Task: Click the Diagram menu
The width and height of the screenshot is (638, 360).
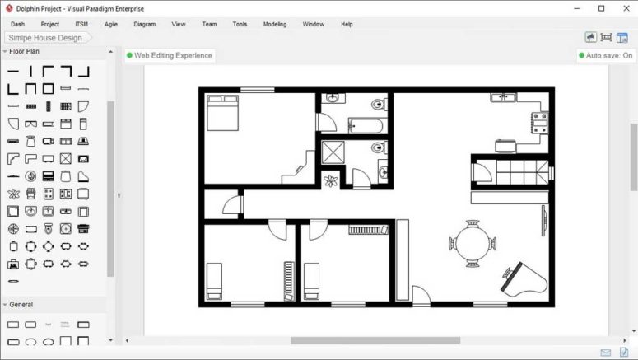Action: [x=144, y=24]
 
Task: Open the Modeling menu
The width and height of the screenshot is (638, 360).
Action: [x=275, y=24]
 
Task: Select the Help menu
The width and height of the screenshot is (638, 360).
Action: [x=347, y=24]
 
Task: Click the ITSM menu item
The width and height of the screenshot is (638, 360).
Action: [x=81, y=24]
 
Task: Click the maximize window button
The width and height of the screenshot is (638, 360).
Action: [x=601, y=8]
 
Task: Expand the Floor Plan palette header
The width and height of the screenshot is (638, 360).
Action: [x=25, y=51]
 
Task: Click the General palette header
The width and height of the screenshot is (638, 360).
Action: [x=21, y=304]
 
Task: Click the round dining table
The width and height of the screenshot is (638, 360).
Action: [x=473, y=243]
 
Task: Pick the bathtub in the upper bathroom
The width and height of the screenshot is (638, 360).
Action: [x=366, y=126]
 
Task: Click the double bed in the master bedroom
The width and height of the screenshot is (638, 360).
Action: [x=221, y=113]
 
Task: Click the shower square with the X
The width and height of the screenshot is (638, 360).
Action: [x=334, y=153]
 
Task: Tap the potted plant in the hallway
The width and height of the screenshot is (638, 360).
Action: [x=331, y=180]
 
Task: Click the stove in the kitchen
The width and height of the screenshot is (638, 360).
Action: [x=540, y=123]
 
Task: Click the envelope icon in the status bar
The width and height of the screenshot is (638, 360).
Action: [x=606, y=353]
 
